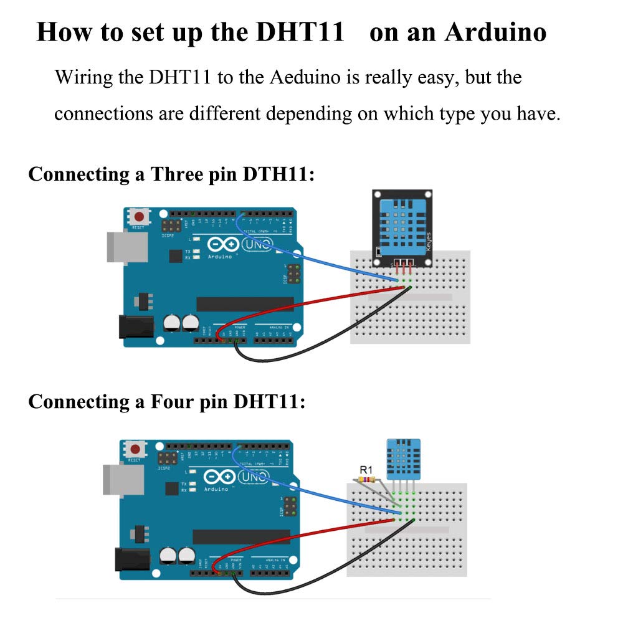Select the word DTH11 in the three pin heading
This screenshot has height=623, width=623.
tap(275, 174)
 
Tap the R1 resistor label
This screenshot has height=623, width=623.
tap(366, 470)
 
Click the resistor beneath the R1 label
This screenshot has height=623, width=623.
tap(366, 480)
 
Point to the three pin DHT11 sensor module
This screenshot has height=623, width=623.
tap(402, 227)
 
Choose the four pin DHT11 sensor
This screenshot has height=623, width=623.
tap(403, 458)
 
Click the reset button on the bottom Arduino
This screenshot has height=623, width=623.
tap(135, 449)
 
